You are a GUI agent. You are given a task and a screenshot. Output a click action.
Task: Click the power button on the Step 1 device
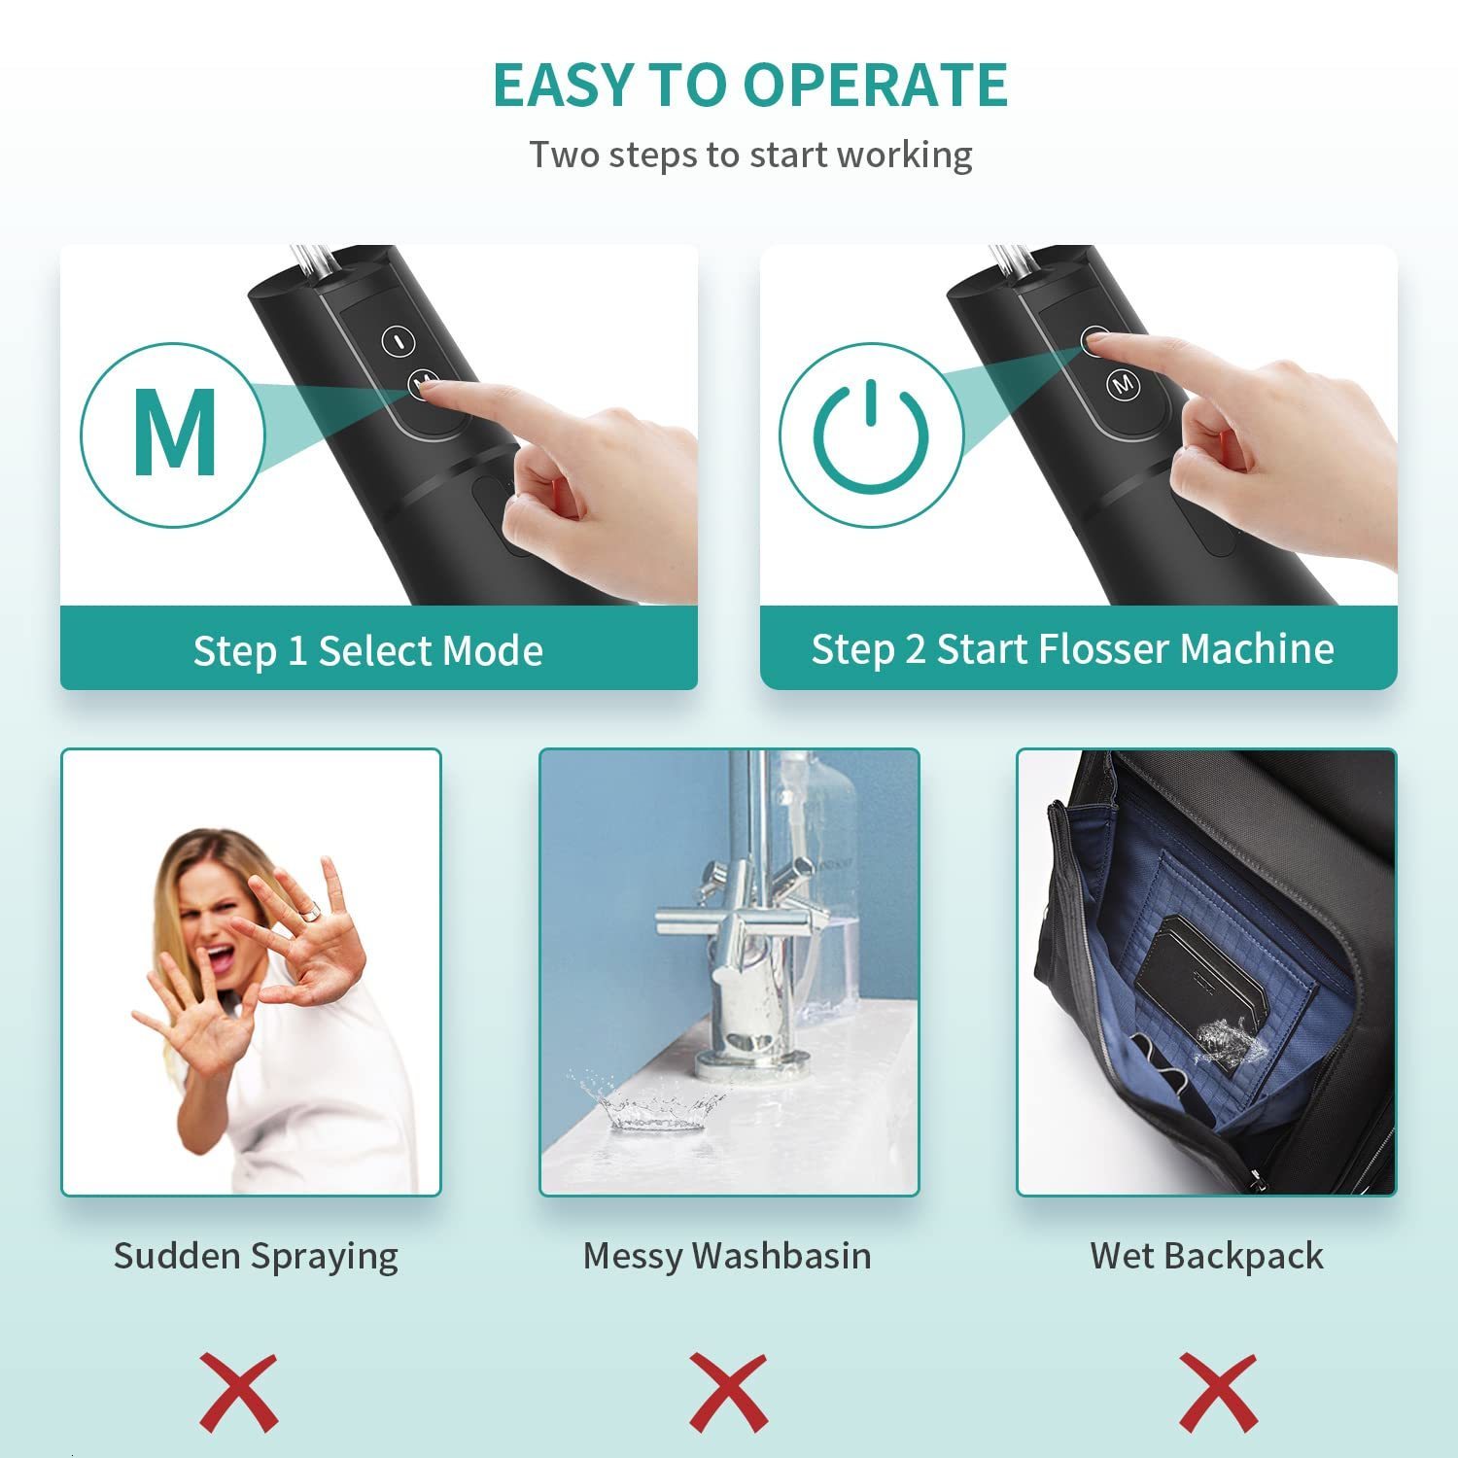pyautogui.click(x=399, y=340)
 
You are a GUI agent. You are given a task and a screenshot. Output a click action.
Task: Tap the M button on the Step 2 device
pyautogui.click(x=1123, y=384)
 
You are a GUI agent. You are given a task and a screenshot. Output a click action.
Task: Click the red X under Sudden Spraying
pyautogui.click(x=239, y=1392)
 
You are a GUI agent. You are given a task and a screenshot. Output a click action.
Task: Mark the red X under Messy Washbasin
pyautogui.click(x=729, y=1392)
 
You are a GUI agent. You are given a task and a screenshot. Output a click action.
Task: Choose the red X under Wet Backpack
pyautogui.click(x=1218, y=1392)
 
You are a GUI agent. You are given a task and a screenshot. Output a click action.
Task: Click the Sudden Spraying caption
pyautogui.click(x=256, y=1256)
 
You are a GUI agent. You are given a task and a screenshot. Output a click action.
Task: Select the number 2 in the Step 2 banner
pyautogui.click(x=915, y=648)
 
